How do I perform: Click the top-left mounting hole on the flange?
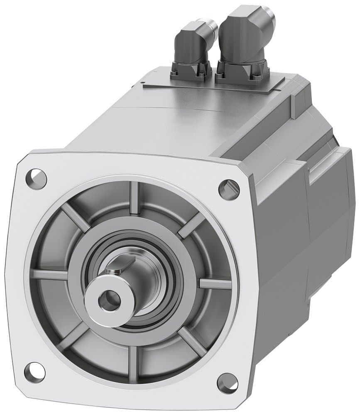click(36, 179)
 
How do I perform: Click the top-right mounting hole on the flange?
click(229, 189)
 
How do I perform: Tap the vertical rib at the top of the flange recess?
click(134, 198)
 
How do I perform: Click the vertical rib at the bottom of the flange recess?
click(133, 364)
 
